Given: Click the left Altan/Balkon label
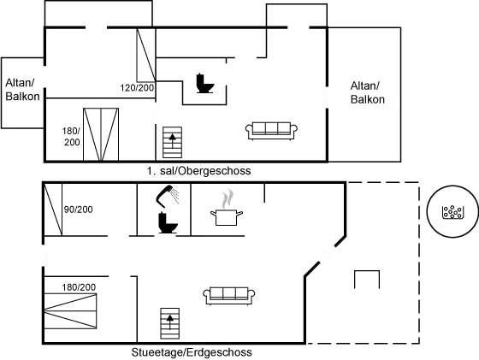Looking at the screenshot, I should [19, 90].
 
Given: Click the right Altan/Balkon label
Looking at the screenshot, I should [367, 92].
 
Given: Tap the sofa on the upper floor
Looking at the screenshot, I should [271, 129].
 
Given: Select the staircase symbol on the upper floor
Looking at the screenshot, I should [172, 143].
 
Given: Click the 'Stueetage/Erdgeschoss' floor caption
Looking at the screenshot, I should [192, 352].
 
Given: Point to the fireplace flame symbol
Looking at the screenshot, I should [226, 203].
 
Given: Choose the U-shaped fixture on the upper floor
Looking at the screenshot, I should [202, 83].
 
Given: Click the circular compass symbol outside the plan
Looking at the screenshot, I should [449, 213].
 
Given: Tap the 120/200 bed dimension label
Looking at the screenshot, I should [137, 88].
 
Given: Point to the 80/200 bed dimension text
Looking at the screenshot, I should [78, 209].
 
